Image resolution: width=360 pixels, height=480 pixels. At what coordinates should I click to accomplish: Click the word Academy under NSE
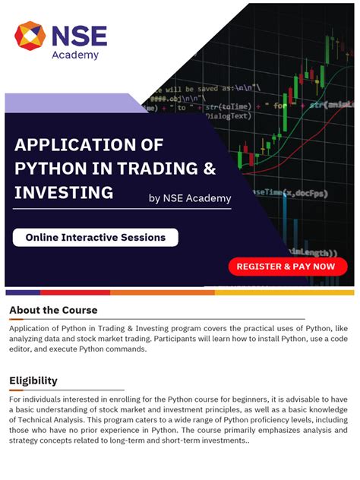click(x=74, y=55)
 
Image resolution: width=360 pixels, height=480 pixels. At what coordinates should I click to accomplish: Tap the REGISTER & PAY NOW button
click(x=288, y=267)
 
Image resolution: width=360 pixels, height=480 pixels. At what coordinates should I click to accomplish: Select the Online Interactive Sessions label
click(x=95, y=238)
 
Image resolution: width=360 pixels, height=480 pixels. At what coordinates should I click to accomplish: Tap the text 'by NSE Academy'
click(x=190, y=199)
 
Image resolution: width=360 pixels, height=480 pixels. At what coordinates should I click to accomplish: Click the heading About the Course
click(x=53, y=310)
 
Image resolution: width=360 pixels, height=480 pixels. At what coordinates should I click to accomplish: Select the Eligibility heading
click(x=33, y=381)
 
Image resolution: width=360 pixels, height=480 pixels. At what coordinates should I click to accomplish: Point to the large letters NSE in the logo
click(x=80, y=35)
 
